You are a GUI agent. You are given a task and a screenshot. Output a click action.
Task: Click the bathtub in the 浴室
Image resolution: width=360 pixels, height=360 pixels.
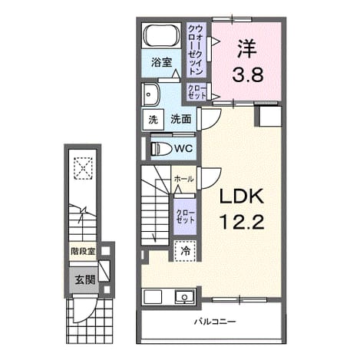(161, 35)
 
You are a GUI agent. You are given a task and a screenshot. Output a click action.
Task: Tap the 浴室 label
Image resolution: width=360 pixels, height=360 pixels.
(161, 62)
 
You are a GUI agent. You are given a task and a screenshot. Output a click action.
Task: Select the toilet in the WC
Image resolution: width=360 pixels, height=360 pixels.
(161, 149)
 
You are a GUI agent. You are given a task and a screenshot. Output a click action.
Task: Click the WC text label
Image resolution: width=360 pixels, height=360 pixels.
(183, 149)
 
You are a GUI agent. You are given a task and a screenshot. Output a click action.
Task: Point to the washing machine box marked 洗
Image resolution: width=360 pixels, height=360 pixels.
(154, 120)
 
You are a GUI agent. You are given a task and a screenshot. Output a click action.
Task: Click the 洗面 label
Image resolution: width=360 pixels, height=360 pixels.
(181, 119)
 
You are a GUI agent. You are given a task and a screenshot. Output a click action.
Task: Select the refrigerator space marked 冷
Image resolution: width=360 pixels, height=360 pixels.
(185, 251)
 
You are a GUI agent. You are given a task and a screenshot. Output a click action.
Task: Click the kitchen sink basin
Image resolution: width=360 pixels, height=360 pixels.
(184, 297)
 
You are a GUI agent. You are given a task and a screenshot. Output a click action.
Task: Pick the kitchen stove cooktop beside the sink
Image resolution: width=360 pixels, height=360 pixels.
(153, 297)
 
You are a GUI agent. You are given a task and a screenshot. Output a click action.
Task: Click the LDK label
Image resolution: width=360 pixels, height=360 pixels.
(242, 197)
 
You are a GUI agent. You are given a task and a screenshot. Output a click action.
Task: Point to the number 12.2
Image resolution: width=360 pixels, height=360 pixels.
(242, 222)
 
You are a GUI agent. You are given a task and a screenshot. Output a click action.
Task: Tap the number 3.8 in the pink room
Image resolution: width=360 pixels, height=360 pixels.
(248, 74)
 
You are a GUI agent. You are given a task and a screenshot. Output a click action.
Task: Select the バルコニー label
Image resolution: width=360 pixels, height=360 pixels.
(215, 322)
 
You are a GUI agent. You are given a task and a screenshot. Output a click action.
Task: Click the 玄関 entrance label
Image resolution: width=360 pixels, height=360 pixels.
(84, 279)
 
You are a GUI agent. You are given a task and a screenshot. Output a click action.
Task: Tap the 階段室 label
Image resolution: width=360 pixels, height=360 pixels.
(83, 252)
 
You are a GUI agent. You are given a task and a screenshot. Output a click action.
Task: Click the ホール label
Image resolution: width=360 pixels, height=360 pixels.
(183, 179)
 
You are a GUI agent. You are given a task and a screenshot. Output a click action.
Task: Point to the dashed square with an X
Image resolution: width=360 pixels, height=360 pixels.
(83, 168)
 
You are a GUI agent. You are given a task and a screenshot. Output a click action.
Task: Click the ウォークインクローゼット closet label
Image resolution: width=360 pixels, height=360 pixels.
(196, 50)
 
